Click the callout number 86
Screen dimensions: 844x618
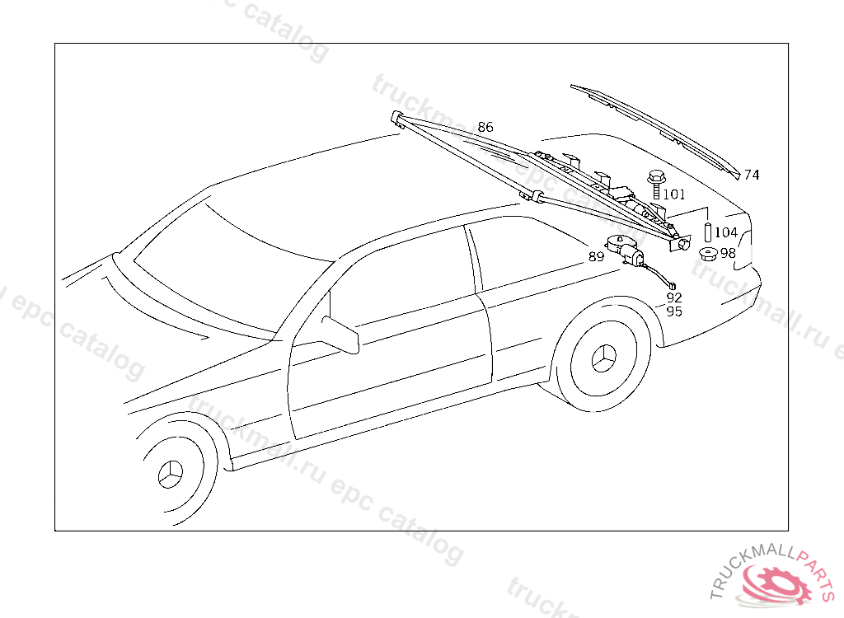point(485,127)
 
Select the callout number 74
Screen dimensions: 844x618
point(752,175)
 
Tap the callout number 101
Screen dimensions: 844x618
point(674,194)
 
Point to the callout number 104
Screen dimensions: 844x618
point(726,233)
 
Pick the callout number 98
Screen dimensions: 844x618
point(728,253)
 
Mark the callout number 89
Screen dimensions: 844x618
point(597,257)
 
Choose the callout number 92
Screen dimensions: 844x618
point(674,297)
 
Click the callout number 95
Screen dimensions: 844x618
point(674,311)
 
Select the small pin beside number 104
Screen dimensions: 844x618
point(707,232)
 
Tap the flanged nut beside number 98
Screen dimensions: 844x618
point(707,254)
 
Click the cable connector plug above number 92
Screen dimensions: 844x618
point(672,285)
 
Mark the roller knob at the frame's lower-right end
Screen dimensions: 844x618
point(683,245)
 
